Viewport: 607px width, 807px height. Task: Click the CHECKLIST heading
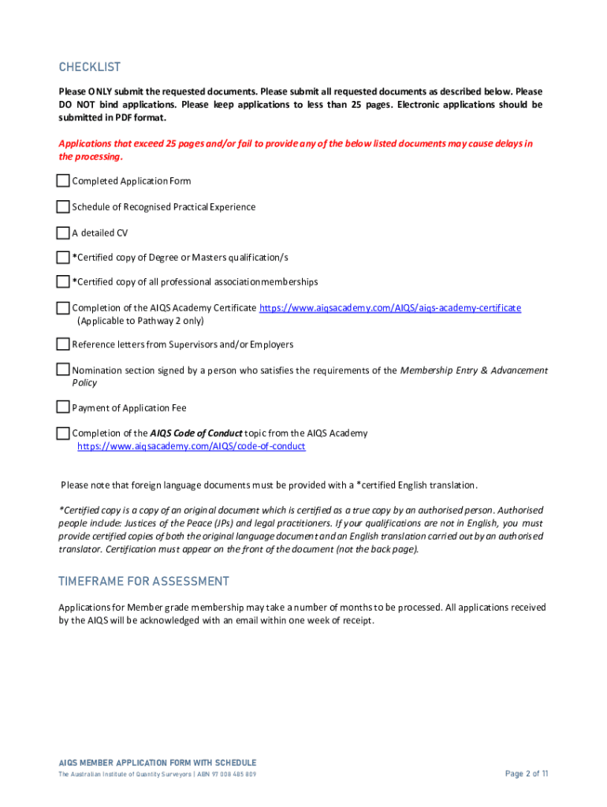[89, 68]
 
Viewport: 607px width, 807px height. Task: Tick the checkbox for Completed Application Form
[63, 181]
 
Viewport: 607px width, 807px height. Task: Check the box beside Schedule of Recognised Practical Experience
[63, 207]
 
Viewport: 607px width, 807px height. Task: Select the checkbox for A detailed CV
[63, 233]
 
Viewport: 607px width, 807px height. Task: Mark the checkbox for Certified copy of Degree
[63, 258]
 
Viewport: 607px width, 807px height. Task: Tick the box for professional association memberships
[63, 282]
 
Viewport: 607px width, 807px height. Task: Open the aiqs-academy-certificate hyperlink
[390, 308]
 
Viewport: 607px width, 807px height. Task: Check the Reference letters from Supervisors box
[63, 344]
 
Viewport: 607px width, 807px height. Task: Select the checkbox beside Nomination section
[63, 370]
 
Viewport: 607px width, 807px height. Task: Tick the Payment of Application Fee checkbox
[63, 407]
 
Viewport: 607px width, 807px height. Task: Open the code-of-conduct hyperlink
[191, 447]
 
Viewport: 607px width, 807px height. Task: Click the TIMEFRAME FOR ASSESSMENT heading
[143, 582]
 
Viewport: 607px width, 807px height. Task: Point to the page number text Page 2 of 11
[527, 774]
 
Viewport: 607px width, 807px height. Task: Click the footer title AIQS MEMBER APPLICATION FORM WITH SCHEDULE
[158, 763]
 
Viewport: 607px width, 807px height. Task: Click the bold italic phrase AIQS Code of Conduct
[196, 433]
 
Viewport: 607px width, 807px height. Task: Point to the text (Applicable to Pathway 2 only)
[140, 321]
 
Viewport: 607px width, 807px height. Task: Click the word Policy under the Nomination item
[84, 383]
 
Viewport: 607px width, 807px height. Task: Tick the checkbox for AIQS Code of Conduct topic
[63, 433]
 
